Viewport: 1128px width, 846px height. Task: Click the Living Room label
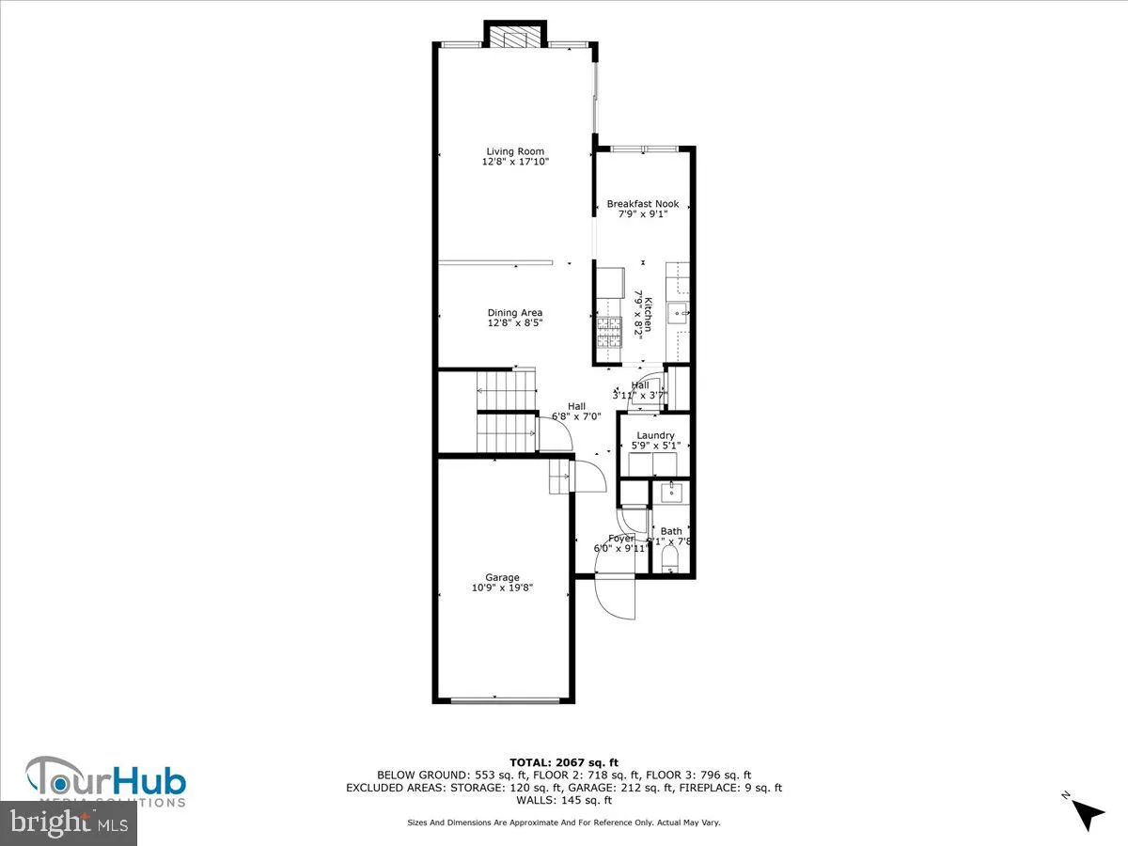pos(515,151)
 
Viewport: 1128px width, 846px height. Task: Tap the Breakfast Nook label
pos(642,204)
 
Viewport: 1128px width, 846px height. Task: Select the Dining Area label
pos(515,313)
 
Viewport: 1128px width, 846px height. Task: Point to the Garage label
pos(502,577)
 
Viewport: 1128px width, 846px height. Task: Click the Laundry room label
pos(655,435)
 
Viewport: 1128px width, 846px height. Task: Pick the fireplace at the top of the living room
pos(514,36)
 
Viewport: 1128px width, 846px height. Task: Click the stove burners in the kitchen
pos(609,328)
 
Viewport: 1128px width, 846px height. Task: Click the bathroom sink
pos(671,492)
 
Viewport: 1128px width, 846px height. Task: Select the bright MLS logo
pos(69,822)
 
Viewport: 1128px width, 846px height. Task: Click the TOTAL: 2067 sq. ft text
pos(564,762)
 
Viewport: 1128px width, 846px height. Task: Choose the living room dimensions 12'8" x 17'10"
pos(515,162)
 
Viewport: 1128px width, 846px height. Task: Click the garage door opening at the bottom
pos(502,700)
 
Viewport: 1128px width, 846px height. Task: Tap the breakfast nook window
pos(644,149)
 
